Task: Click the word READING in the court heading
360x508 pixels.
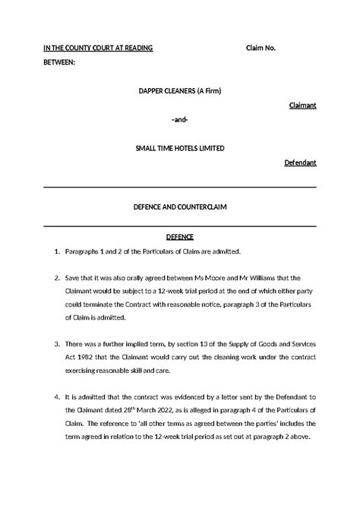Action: (x=137, y=48)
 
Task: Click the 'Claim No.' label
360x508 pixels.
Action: (x=261, y=48)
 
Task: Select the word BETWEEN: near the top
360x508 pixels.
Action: (x=60, y=62)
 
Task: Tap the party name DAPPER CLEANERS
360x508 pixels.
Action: (x=166, y=91)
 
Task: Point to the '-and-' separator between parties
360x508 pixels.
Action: (x=180, y=120)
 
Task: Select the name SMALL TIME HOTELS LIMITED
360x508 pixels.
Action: (x=180, y=149)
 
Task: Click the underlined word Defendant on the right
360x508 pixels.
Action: (x=300, y=162)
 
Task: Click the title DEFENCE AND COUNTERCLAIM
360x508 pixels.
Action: (x=180, y=207)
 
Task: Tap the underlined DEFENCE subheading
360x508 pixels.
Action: (x=180, y=236)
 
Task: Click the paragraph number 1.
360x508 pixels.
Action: (x=56, y=251)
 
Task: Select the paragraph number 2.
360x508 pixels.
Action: (x=56, y=279)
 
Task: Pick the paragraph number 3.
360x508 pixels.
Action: (x=56, y=344)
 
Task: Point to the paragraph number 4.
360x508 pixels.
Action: (x=56, y=396)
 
